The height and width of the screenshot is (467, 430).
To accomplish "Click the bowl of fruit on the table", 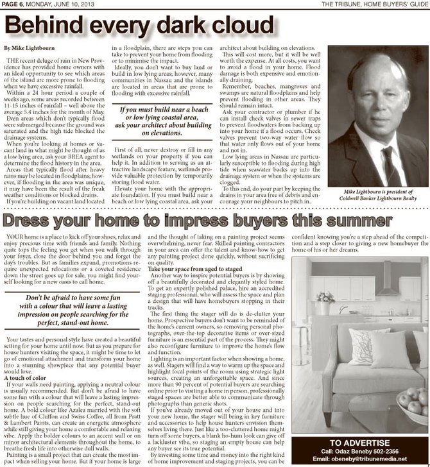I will (412, 402).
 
